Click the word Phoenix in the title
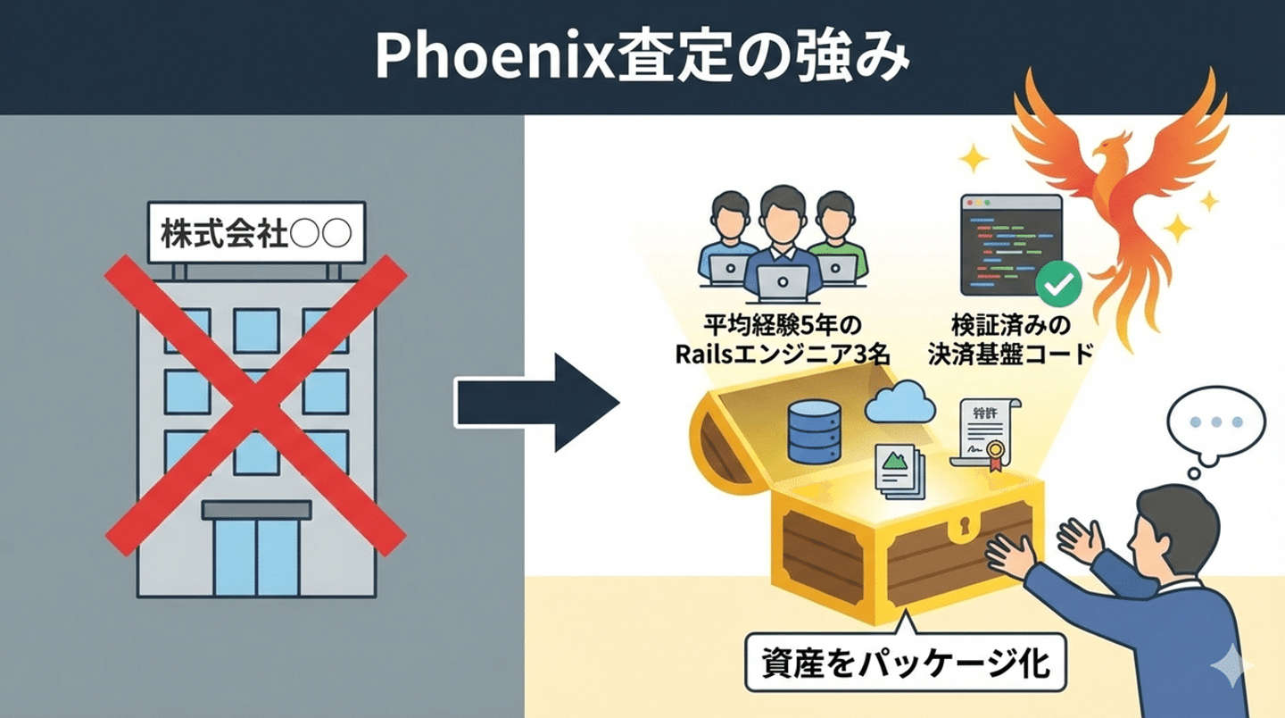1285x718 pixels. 495,57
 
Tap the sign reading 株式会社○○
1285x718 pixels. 256,232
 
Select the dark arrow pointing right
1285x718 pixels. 537,403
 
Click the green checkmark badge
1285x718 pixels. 1058,283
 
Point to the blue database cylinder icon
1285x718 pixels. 814,431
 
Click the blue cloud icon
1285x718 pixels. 899,403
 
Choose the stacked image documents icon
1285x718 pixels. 899,472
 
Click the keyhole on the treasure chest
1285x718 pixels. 965,524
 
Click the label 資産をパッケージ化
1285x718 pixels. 905,663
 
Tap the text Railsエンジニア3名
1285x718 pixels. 783,355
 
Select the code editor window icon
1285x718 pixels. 1011,245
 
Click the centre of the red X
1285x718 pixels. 256,405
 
